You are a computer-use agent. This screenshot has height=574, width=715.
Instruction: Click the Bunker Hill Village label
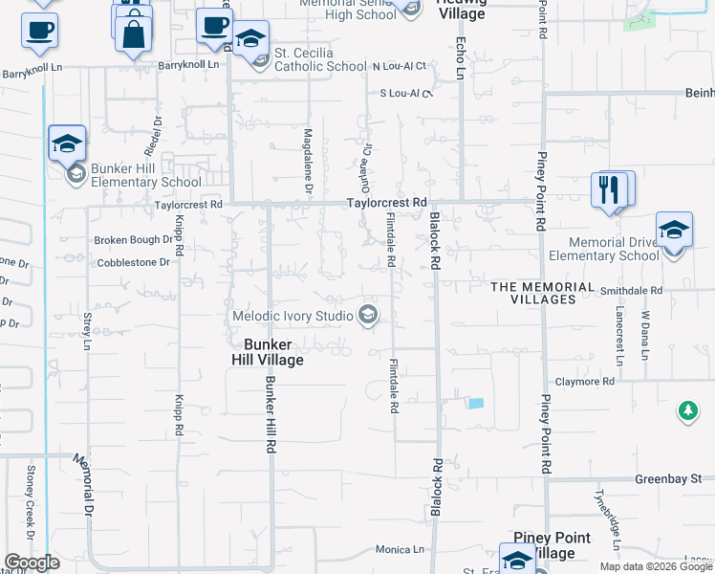tap(267, 352)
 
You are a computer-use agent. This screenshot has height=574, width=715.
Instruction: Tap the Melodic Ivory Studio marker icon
tap(367, 315)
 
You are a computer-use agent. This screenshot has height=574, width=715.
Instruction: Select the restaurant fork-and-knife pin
tap(610, 190)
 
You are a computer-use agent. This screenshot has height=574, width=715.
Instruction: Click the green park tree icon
tap(687, 411)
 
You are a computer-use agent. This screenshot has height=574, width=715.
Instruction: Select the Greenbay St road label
tap(669, 478)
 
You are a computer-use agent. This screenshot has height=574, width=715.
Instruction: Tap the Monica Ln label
tap(400, 549)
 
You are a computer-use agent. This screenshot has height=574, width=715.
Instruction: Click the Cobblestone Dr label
tap(133, 261)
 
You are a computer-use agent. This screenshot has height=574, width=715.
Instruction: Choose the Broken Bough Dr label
tap(132, 239)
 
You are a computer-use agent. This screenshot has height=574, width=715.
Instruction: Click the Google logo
tap(32, 563)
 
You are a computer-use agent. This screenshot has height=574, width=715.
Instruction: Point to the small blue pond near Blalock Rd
tap(474, 403)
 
